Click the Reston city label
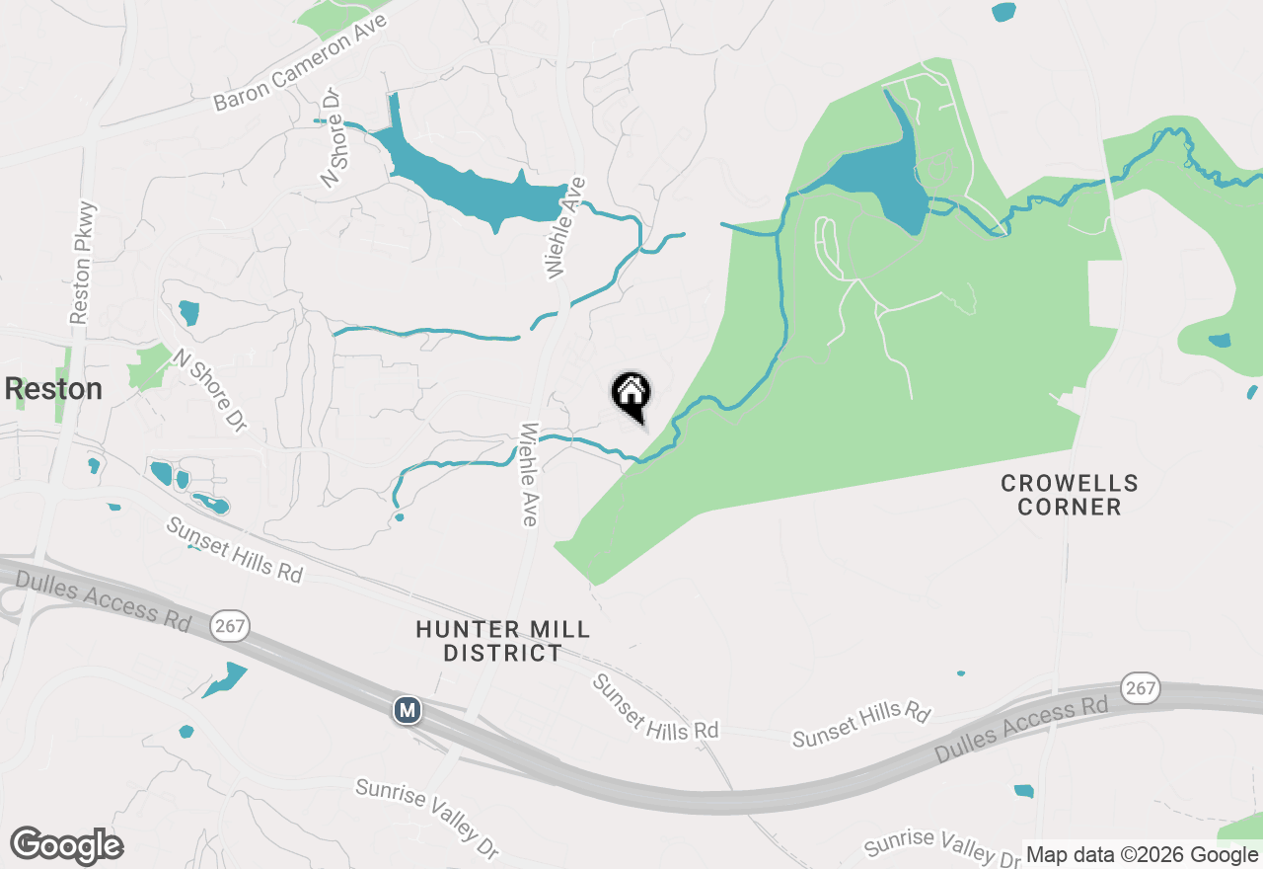(53, 389)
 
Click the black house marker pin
(631, 394)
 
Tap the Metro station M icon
(407, 709)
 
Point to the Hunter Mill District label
(502, 641)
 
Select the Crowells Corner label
(1070, 495)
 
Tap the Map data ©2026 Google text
(1142, 855)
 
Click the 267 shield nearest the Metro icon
(230, 625)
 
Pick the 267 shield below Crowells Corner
(1141, 688)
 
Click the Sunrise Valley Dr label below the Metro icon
(427, 819)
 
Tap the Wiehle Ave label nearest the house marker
(530, 475)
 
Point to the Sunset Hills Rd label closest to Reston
(234, 550)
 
